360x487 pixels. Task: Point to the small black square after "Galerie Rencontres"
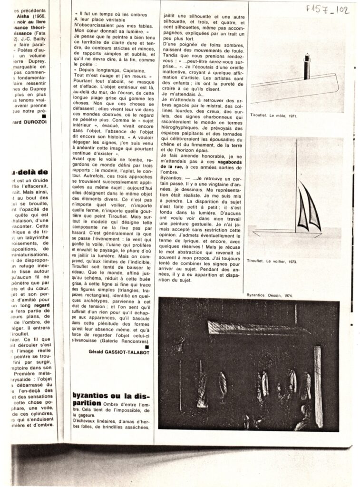pyautogui.click(x=147, y=347)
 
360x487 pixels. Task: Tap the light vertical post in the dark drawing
pyautogui.click(x=317, y=387)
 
